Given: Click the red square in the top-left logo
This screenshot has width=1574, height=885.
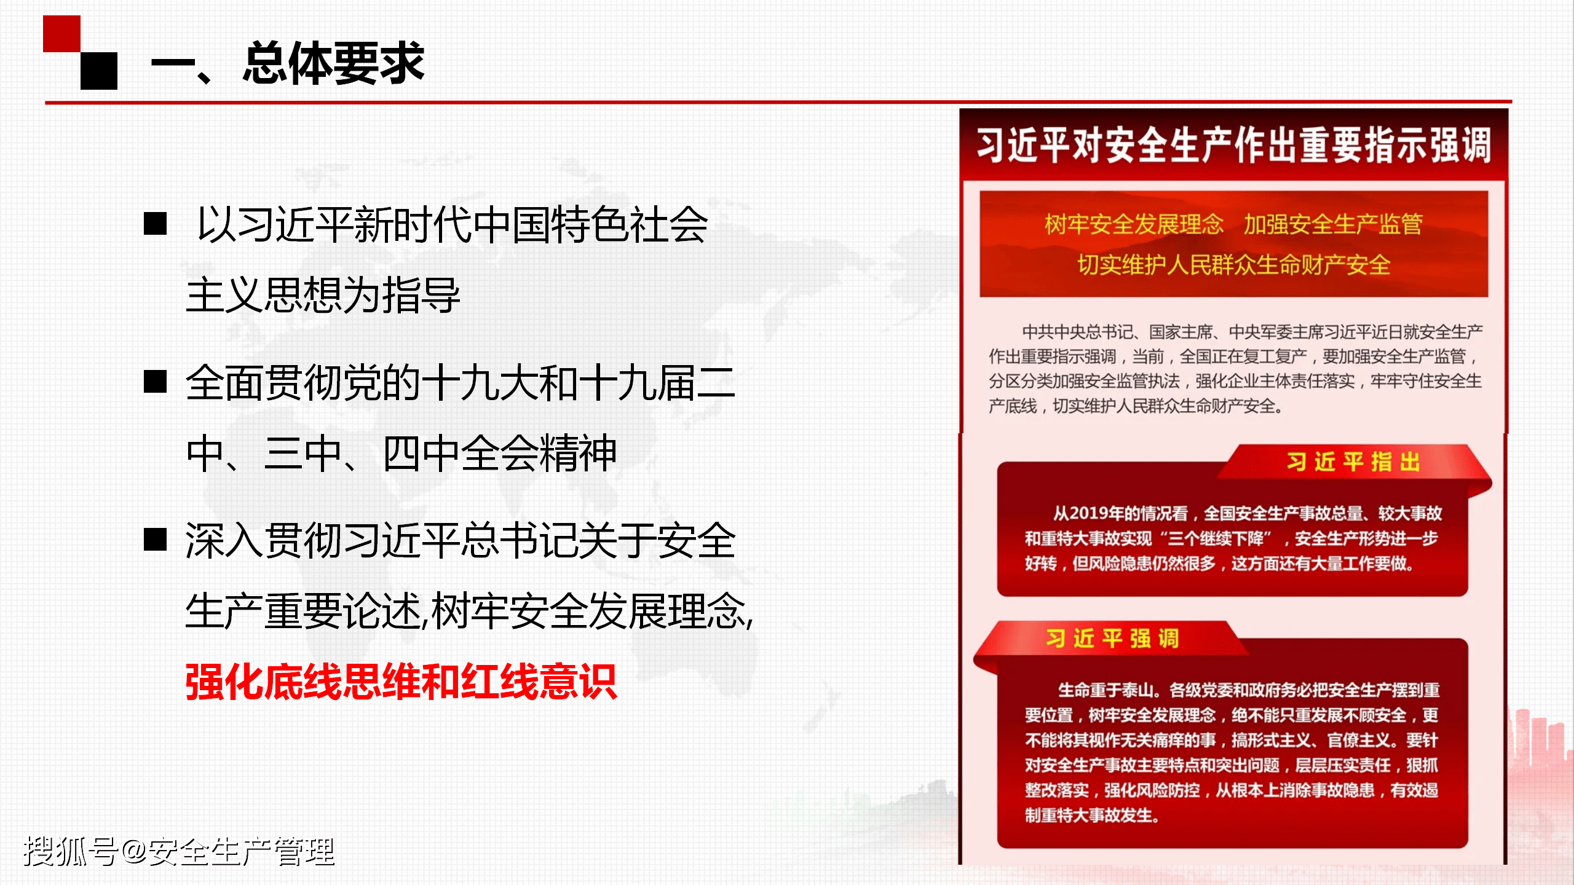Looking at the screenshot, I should [61, 34].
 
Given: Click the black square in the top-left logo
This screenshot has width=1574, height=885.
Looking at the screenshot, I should [99, 71].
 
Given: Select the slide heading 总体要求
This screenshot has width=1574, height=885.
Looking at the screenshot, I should [333, 63].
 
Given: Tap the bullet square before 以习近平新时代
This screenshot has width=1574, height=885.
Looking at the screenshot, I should [155, 224].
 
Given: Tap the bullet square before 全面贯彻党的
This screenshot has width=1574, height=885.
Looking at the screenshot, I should [155, 382].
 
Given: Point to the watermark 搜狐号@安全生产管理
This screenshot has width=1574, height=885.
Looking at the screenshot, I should [179, 851].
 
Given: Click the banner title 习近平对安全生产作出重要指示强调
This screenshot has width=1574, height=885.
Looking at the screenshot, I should [1233, 146].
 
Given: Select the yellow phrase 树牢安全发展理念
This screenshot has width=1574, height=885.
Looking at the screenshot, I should [1134, 224].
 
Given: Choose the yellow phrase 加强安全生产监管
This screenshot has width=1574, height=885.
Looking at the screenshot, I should [1333, 224].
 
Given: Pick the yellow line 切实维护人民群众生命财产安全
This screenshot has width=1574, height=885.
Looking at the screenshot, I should [1233, 265].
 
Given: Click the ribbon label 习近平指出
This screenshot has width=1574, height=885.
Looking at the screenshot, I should [1353, 462].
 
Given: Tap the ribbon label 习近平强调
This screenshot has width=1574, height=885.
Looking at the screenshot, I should [1112, 639].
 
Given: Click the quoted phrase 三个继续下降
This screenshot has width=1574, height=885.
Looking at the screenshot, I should [1216, 539].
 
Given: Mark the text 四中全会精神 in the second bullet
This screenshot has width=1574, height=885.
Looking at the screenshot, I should [499, 454].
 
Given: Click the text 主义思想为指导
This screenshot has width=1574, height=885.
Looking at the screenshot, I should [323, 295].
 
